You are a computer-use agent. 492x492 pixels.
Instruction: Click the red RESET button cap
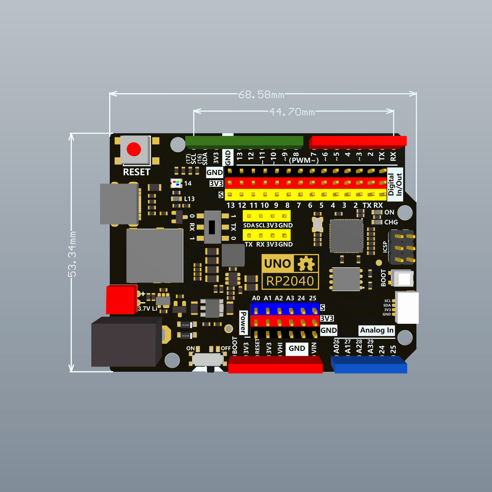(134, 149)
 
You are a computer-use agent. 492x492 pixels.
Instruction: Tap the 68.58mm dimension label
(261, 94)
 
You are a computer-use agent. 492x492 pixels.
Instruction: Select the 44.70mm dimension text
(292, 112)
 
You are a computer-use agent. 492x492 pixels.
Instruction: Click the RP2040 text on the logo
(290, 281)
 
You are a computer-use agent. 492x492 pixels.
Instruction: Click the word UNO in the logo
(277, 264)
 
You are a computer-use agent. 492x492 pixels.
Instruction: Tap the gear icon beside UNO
(306, 264)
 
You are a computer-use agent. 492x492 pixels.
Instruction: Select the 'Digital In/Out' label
(395, 184)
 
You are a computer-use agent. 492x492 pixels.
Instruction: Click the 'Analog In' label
(377, 330)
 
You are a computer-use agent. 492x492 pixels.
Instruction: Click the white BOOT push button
(404, 279)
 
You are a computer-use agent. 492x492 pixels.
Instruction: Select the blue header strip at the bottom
(369, 365)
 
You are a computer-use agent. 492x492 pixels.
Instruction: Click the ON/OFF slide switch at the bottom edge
(208, 359)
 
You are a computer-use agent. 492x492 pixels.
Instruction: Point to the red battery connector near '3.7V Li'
(121, 300)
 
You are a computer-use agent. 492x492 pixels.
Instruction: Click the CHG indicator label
(391, 222)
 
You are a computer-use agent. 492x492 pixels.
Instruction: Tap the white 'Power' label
(243, 322)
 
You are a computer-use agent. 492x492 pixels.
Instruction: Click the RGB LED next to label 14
(176, 183)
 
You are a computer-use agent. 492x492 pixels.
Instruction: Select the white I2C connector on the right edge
(407, 307)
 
